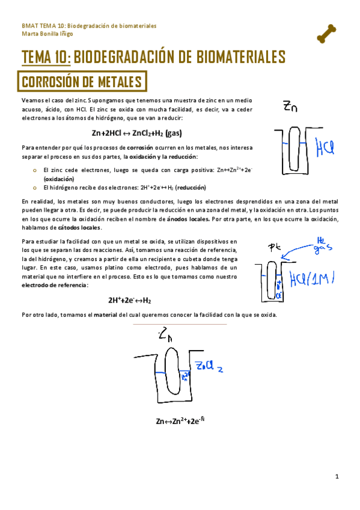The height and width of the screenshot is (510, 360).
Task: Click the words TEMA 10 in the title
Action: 46,58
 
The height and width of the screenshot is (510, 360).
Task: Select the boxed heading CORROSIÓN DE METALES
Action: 82,81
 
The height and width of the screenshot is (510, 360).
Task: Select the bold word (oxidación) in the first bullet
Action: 59,179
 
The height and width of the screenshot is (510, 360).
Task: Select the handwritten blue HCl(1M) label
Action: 311,278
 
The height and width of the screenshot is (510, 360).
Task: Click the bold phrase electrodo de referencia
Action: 54,284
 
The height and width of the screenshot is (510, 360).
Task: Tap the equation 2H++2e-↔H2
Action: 129,300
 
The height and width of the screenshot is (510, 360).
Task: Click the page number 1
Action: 337,477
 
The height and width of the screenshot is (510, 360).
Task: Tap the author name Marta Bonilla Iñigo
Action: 44,33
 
